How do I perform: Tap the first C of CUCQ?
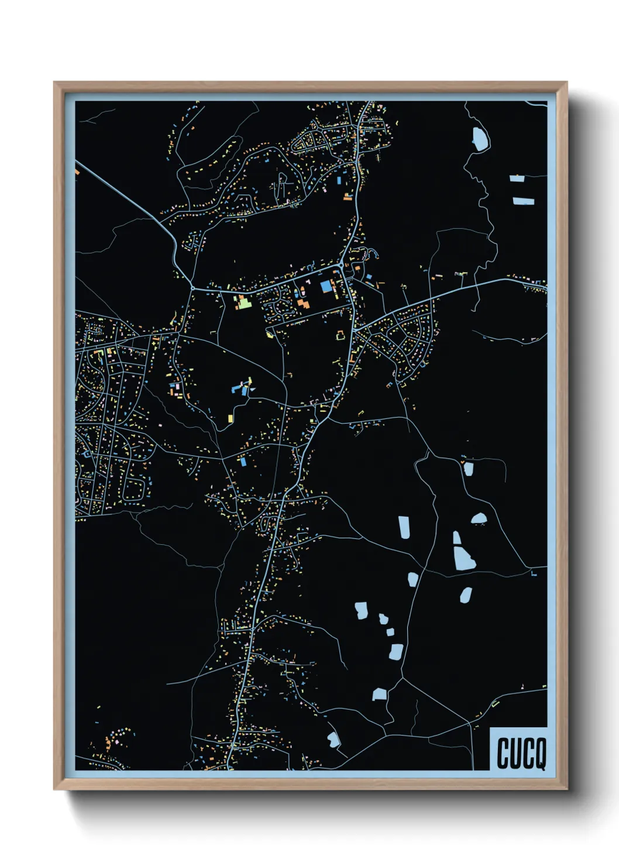tap(503, 754)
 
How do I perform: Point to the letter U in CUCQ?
tap(515, 754)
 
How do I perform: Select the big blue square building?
tap(325, 287)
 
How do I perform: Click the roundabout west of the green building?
tap(192, 288)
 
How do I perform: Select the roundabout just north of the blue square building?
tap(341, 266)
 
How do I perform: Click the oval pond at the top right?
tap(480, 139)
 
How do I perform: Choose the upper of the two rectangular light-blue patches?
tap(517, 178)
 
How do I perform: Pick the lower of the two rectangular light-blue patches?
tap(523, 201)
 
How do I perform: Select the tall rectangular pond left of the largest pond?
tap(404, 526)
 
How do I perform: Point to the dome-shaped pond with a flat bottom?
tap(479, 518)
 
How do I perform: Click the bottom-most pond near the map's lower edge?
tap(333, 740)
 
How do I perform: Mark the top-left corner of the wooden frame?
tap(54, 83)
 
